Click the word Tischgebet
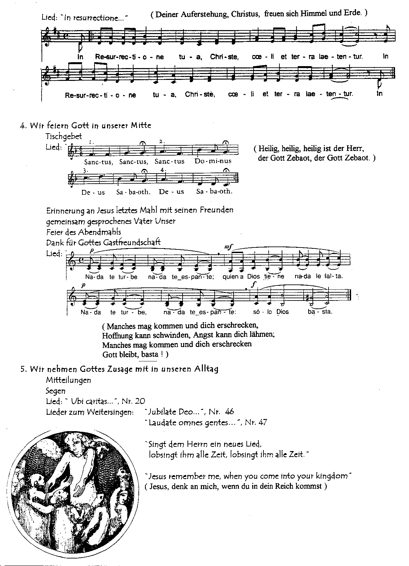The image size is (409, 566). [x=64, y=136]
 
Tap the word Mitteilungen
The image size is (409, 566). [x=69, y=380]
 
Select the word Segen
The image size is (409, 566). [x=56, y=391]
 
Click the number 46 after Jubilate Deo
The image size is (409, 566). [x=230, y=412]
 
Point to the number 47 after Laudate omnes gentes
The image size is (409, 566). [x=263, y=422]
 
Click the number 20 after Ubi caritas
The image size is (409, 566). [x=140, y=401]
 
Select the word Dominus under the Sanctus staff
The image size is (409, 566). [x=213, y=161]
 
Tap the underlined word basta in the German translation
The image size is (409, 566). [x=150, y=354]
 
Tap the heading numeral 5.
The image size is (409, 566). [x=23, y=369]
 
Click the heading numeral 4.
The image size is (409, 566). [x=23, y=125]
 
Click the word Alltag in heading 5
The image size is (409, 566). [x=206, y=369]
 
